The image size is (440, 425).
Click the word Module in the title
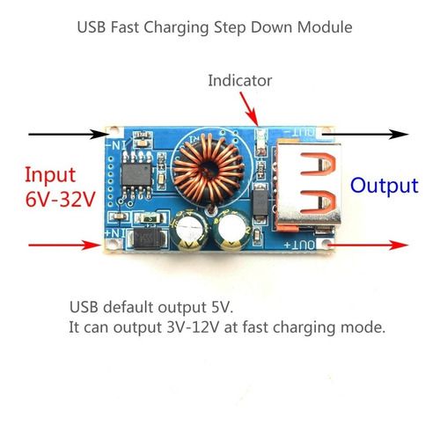coord(325,27)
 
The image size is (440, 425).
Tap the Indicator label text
coord(240,80)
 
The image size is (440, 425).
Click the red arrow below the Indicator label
coord(249,109)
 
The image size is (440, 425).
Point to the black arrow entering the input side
coord(69,134)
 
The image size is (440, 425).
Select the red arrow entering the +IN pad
coord(65,245)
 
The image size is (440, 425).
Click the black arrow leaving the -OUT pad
coord(366,134)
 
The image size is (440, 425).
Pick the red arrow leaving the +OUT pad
coord(368,245)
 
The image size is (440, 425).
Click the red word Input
coord(50,175)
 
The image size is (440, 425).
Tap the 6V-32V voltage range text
coord(60,200)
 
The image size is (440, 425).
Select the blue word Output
coord(385,186)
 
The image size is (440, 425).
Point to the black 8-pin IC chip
coord(136,175)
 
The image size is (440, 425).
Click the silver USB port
coord(308,185)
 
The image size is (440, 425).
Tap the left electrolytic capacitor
coord(189,231)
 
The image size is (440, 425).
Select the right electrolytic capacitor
coord(232,231)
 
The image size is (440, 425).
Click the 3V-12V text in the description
coord(193,327)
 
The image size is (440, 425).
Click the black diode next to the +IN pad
coord(147,238)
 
